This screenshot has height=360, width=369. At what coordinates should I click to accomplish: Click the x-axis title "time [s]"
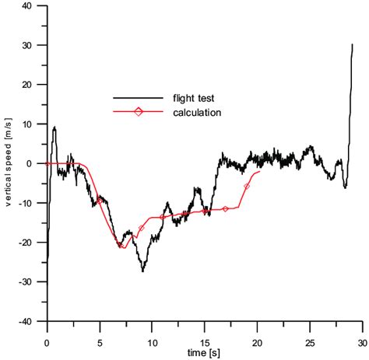[205, 353]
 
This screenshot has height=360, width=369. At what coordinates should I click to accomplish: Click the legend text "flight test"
[193, 99]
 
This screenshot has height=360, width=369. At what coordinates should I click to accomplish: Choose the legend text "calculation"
[199, 113]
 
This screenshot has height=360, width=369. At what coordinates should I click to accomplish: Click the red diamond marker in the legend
[139, 113]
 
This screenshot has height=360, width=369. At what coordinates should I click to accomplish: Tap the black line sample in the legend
[139, 99]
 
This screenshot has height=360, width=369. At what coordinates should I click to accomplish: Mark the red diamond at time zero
[47, 163]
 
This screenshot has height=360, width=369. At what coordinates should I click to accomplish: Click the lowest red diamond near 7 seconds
[121, 246]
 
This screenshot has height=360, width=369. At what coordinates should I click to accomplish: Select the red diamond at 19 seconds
[247, 187]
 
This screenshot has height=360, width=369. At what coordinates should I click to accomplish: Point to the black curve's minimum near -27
[143, 271]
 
